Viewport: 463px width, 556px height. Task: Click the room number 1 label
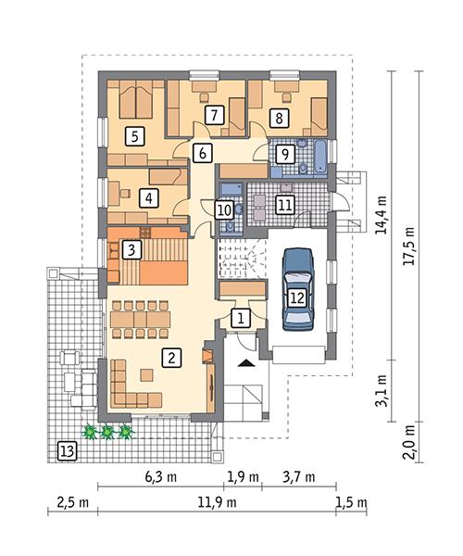pyautogui.click(x=241, y=318)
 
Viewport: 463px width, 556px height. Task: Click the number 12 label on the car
pyautogui.click(x=285, y=205)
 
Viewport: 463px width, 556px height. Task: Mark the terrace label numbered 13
pyautogui.click(x=296, y=297)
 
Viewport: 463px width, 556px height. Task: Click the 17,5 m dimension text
pyautogui.click(x=66, y=451)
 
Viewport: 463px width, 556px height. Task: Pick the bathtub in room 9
pyautogui.click(x=316, y=157)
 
